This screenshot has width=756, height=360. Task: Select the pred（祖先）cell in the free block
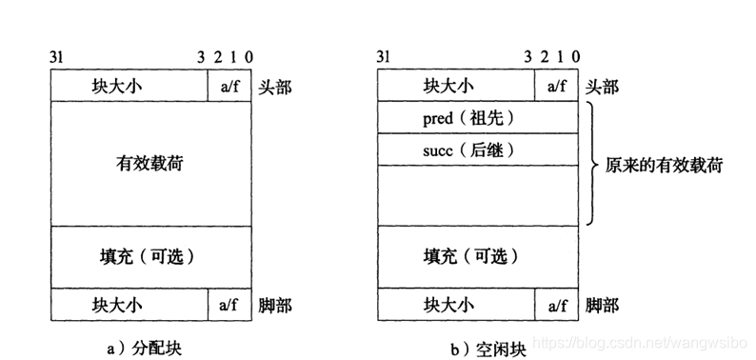tap(467, 117)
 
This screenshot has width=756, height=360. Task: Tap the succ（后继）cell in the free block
tap(467, 150)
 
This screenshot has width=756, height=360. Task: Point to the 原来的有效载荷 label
tap(664, 165)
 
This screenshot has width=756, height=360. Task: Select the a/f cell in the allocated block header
tap(229, 86)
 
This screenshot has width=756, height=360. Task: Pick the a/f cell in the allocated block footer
tap(229, 305)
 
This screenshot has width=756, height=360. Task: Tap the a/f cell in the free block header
tap(557, 86)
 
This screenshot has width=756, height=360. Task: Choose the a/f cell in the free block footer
tap(557, 305)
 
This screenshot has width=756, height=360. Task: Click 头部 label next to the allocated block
tap(275, 87)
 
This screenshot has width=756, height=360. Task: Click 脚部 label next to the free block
tap(603, 306)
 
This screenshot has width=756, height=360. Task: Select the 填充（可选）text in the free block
tap(477, 257)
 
